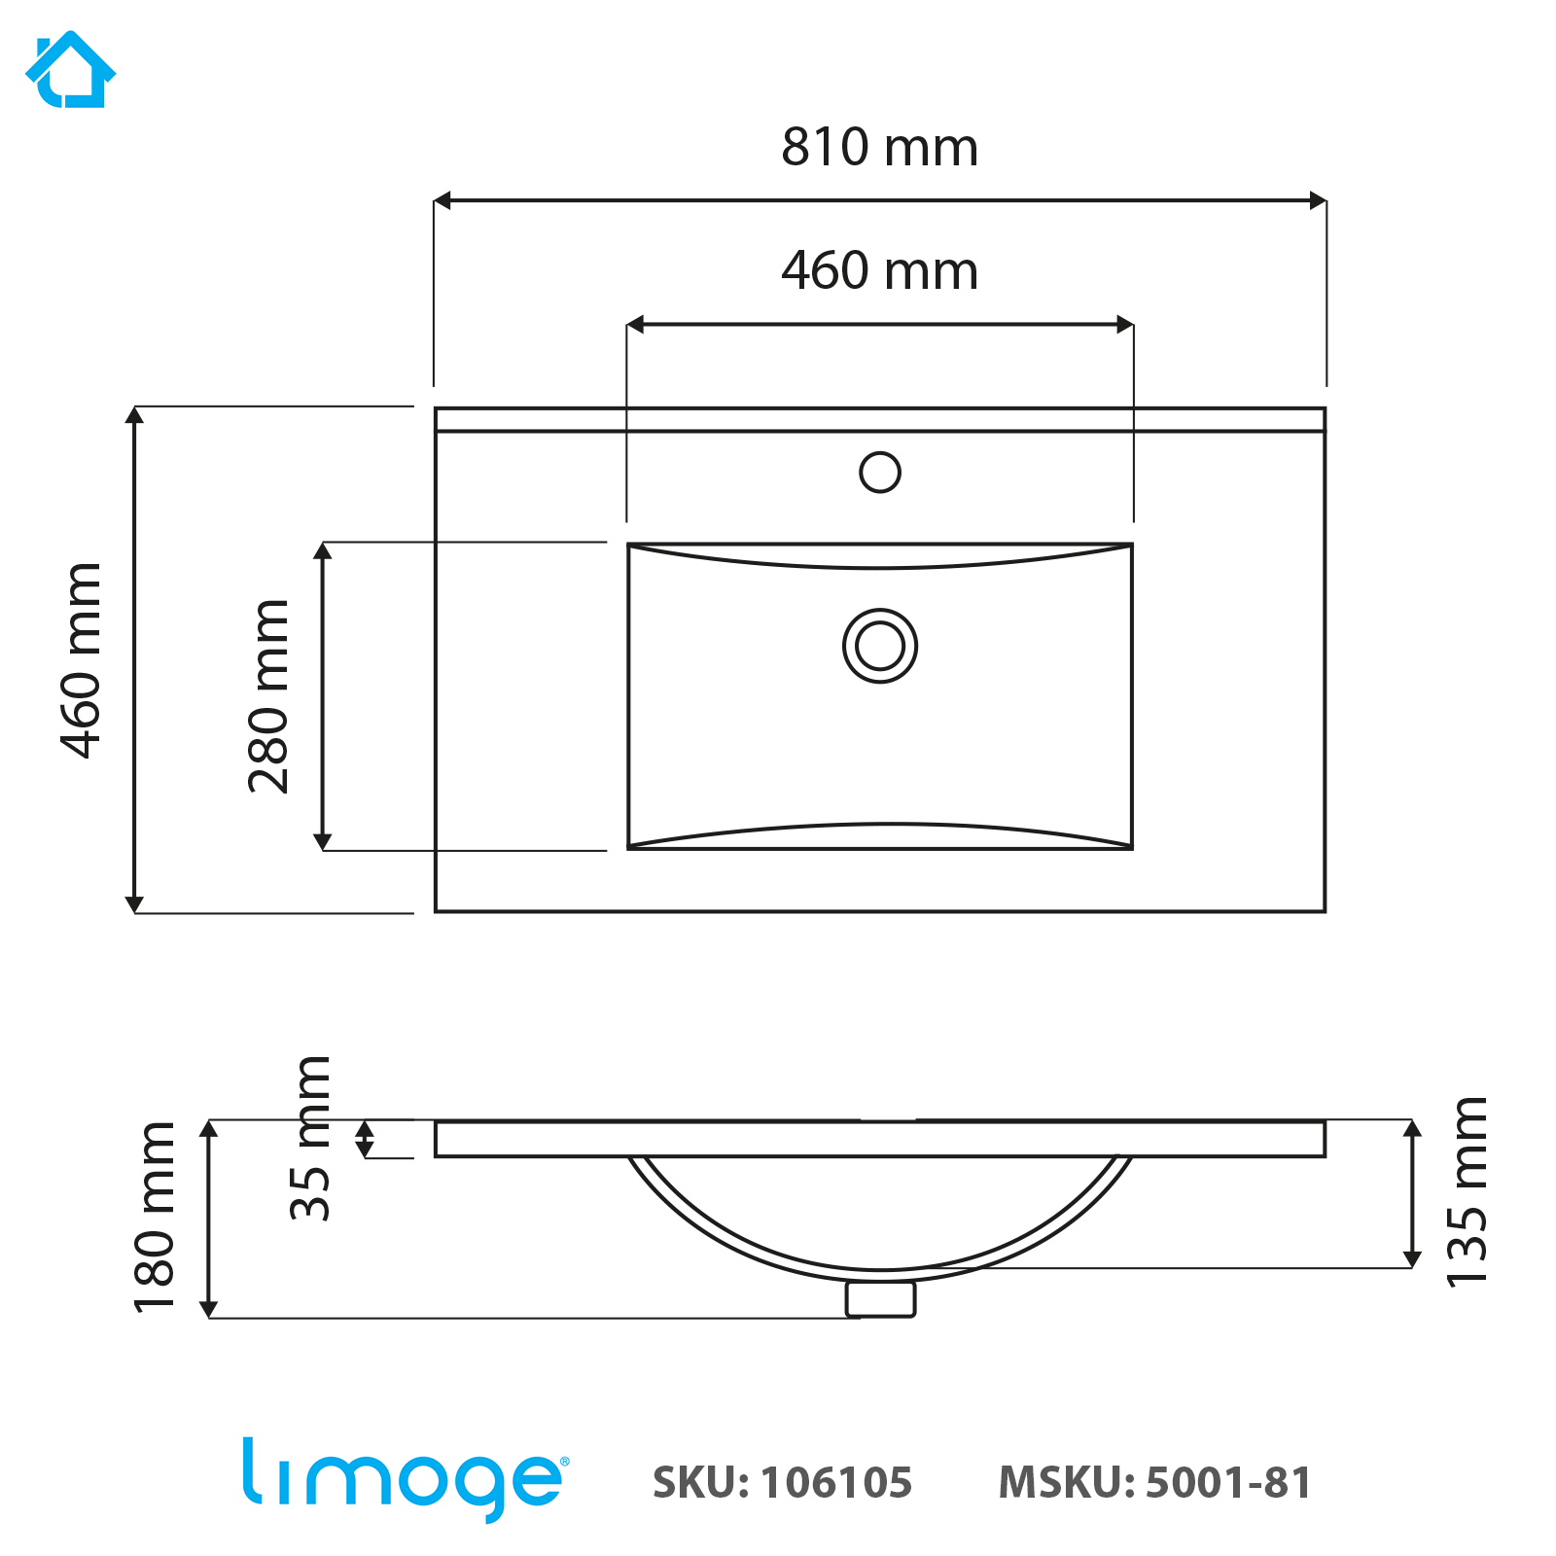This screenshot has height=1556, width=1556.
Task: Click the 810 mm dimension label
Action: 879,148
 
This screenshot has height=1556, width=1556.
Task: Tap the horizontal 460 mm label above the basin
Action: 879,271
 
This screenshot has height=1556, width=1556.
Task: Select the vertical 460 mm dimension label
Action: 82,660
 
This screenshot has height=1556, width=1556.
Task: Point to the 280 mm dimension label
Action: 269,696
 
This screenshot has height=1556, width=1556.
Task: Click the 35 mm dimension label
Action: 312,1137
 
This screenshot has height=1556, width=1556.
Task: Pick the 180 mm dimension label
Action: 156,1217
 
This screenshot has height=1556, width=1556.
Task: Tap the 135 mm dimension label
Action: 1468,1191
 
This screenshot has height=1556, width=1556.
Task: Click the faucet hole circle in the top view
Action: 880,473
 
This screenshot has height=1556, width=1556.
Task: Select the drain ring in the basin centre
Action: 880,646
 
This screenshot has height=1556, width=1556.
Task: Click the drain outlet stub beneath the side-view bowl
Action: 880,1299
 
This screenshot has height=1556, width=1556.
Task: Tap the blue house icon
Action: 70,70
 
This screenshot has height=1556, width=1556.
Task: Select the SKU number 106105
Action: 836,1483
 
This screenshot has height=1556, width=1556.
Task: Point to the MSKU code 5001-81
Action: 1228,1483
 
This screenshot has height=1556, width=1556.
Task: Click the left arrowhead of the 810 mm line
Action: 442,201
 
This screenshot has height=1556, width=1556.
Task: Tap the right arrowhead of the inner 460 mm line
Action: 1125,325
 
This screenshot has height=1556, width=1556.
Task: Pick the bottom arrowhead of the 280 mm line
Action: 323,841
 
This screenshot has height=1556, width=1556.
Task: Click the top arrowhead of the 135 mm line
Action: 1412,1128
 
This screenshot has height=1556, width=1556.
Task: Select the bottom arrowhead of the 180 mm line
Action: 208,1309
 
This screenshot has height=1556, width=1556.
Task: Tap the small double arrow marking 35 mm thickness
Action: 365,1139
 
